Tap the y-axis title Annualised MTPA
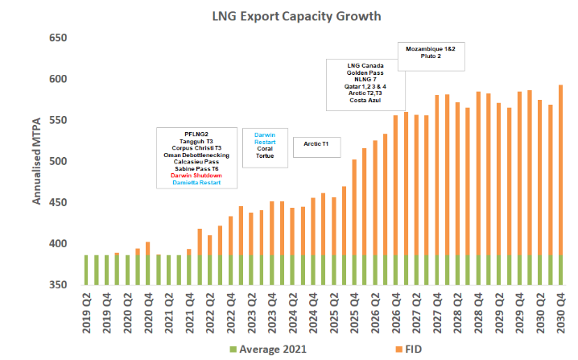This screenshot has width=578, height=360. [37, 159]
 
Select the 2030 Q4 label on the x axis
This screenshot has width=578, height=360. [560, 308]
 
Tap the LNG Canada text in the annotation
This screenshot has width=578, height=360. [365, 64]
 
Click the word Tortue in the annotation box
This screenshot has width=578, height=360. [265, 155]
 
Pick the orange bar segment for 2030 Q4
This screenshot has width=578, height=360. [560, 169]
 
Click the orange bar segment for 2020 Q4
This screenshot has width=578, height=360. [147, 248]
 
